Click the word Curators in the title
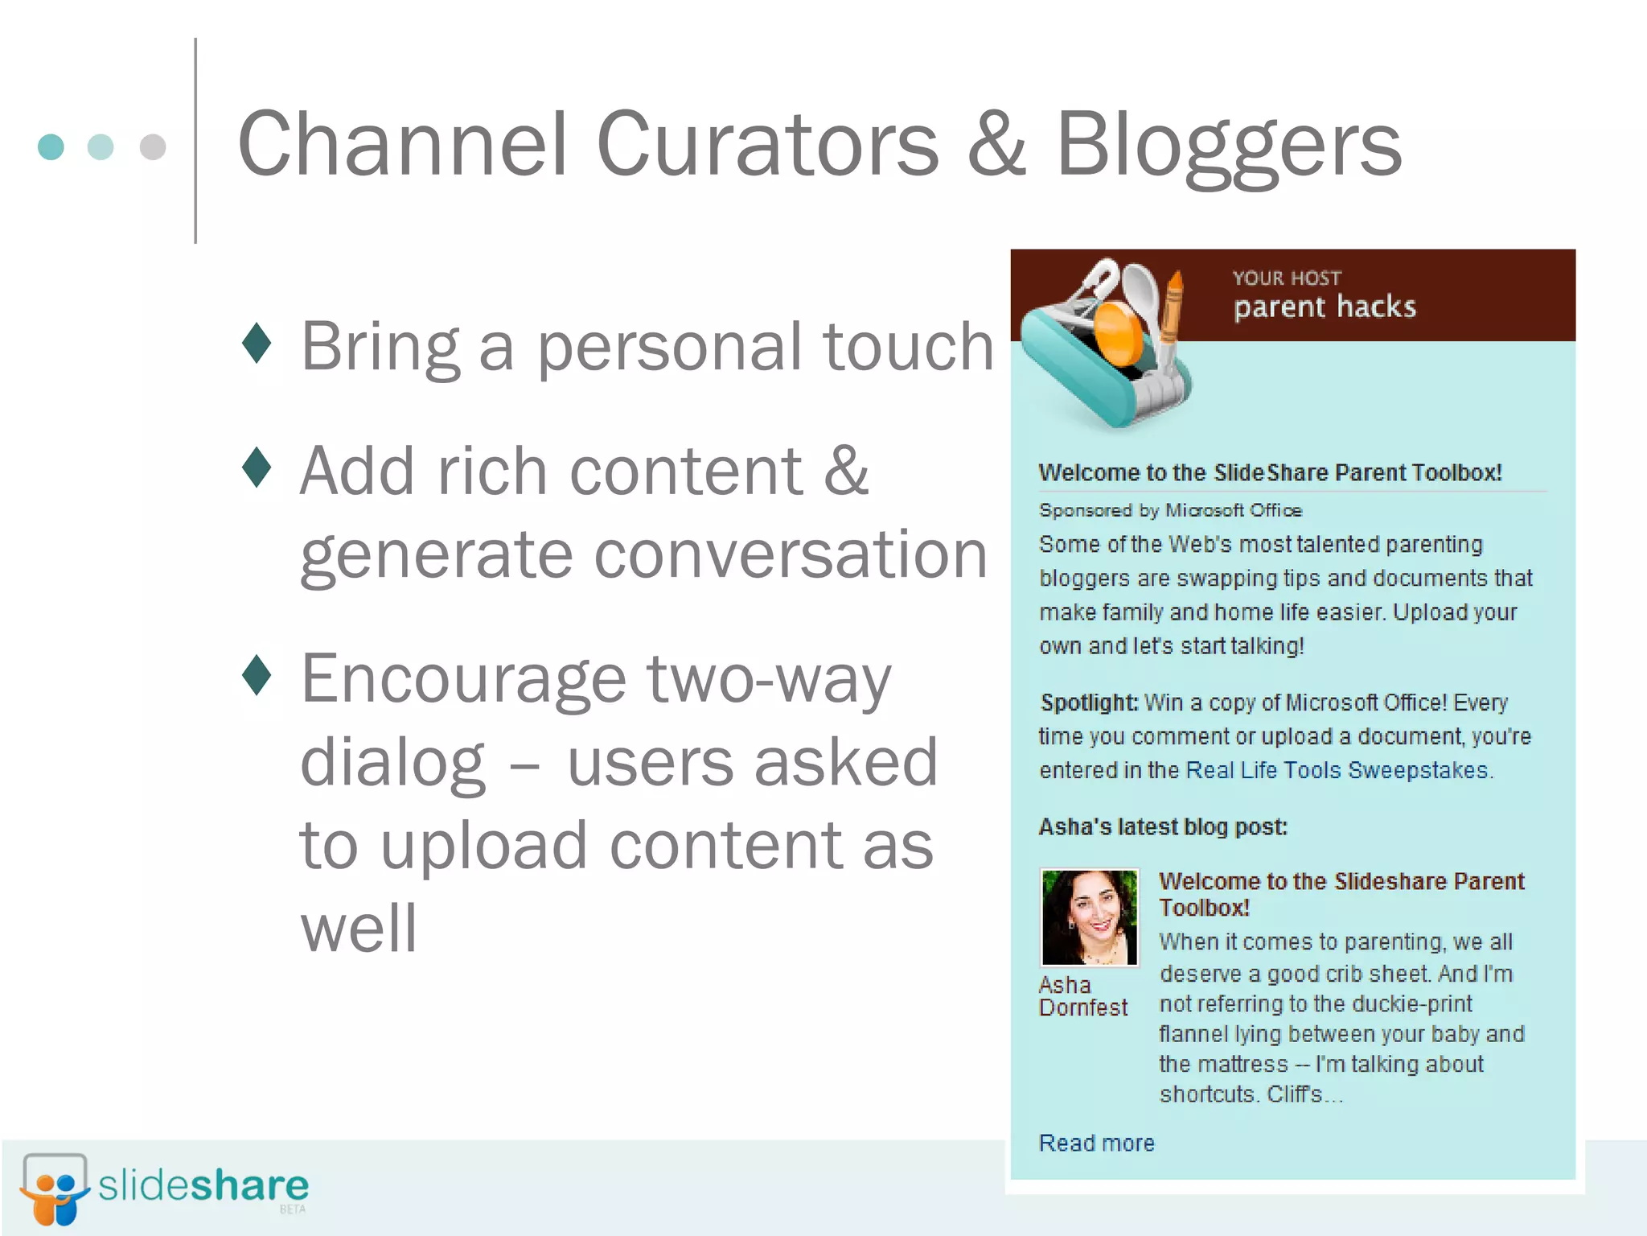[x=768, y=145]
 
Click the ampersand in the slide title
[x=996, y=145]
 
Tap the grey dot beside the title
[x=153, y=147]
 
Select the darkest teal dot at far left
[x=51, y=147]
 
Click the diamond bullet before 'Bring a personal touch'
[x=257, y=344]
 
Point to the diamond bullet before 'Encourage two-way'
[x=257, y=675]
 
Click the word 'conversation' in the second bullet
[x=643, y=555]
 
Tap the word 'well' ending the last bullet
[x=359, y=928]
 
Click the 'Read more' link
[x=1096, y=1143]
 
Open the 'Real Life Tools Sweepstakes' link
[x=1337, y=770]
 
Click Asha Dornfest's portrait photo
[x=1089, y=917]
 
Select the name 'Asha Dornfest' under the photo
[x=1082, y=996]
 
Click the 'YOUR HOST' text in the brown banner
[x=1287, y=278]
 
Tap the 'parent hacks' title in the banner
[x=1325, y=307]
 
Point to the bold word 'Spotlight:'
[x=1088, y=702]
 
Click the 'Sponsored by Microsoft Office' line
[x=1170, y=510]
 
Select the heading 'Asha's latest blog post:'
[x=1162, y=826]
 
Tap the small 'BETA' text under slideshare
[x=293, y=1209]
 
